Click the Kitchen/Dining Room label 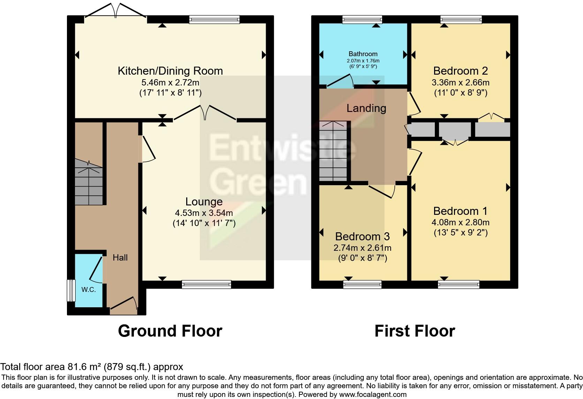point(170,71)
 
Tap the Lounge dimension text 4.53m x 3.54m point(204,213)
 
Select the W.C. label point(89,289)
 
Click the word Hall point(120,258)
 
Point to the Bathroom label point(363,54)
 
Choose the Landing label point(366,108)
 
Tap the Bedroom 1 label point(460,211)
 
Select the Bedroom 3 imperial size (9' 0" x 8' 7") point(362,258)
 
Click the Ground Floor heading point(170,331)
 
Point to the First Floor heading point(415,331)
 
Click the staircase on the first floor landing point(333,151)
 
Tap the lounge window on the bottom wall point(206,285)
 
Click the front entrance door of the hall point(124,303)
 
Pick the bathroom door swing point(340,81)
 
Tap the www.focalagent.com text point(372,394)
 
